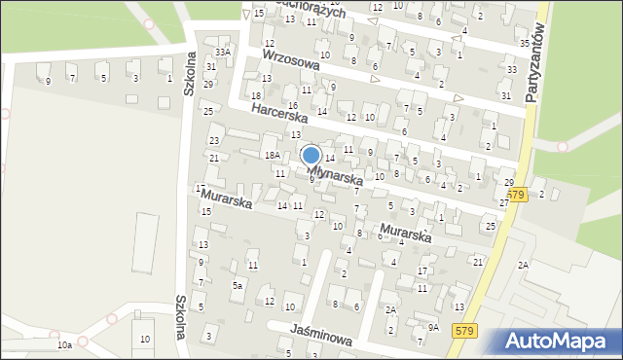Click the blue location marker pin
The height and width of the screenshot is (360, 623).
[x=311, y=156]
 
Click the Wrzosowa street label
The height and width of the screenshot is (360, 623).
[x=291, y=67]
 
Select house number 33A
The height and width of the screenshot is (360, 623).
[x=223, y=52]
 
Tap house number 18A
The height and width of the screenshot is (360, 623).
[x=273, y=155]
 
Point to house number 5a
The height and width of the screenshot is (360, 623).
[x=237, y=285]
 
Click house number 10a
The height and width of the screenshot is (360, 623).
[x=64, y=344]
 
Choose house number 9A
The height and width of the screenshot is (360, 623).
[x=433, y=328]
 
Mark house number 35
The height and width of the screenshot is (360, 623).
[x=525, y=44]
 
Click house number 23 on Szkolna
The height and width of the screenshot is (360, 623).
[x=214, y=141]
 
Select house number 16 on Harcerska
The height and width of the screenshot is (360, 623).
[x=292, y=105]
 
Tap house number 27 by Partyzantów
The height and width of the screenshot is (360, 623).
[x=504, y=202]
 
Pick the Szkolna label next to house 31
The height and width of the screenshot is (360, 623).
[x=190, y=74]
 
